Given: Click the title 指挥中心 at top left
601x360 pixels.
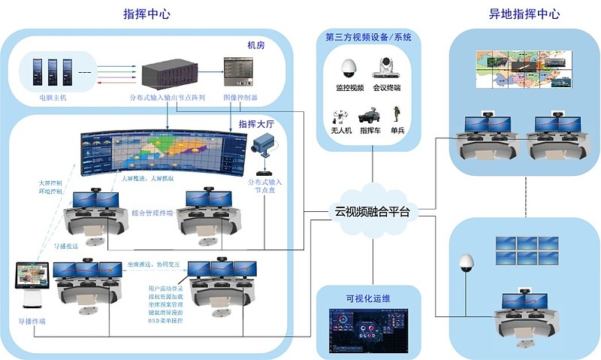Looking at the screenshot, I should tap(149, 14).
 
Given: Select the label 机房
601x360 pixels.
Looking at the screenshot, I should tap(257, 47).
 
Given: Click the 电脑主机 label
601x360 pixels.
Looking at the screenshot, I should tap(53, 97).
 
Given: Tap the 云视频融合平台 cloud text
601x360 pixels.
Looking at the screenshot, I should tap(373, 212).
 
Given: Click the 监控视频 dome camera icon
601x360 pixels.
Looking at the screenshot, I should tap(349, 70).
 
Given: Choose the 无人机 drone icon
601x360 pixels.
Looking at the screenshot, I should tap(340, 116).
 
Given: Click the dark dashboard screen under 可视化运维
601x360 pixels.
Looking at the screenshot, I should tap(372, 330).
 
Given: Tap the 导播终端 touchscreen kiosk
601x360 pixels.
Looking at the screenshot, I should tap(32, 286).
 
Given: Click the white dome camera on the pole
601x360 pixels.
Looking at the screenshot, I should tap(467, 262).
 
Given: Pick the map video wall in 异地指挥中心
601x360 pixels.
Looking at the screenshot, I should tap(523, 71).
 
